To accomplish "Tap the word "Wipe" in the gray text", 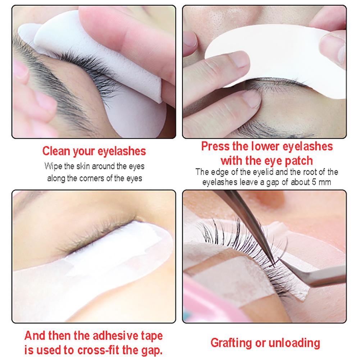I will [x=52, y=166].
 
